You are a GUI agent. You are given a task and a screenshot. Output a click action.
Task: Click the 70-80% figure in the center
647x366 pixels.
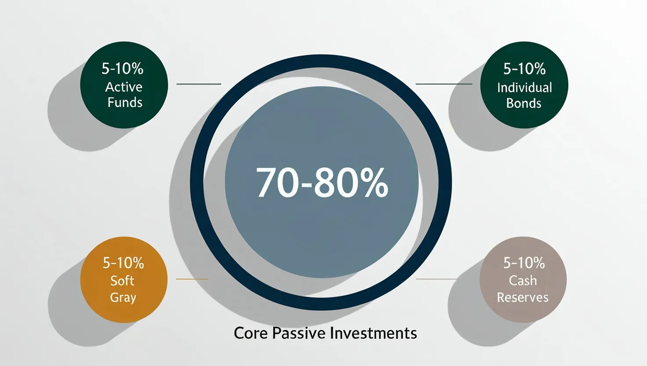click(x=322, y=183)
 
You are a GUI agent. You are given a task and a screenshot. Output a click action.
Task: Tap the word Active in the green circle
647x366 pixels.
click(x=124, y=87)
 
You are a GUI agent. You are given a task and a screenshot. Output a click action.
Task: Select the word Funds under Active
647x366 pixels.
click(x=125, y=102)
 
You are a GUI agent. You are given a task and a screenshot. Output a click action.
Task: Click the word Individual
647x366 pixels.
click(x=524, y=88)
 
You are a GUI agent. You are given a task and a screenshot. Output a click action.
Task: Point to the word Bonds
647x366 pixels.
click(x=523, y=103)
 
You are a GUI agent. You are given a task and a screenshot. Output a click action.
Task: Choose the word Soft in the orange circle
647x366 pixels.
click(x=122, y=281)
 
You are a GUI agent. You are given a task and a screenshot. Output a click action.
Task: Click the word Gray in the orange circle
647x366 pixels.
click(x=123, y=297)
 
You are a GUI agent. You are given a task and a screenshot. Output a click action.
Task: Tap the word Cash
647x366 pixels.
click(x=523, y=280)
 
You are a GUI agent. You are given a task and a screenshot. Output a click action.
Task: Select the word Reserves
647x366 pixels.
click(x=523, y=297)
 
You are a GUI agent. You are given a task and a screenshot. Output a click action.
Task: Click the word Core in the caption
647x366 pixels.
click(x=251, y=333)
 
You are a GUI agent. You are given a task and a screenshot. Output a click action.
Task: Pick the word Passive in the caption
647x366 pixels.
click(x=299, y=333)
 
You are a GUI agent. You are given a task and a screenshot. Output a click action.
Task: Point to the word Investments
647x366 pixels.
click(x=374, y=333)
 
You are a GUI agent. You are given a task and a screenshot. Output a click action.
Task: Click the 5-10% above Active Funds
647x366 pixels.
click(x=123, y=69)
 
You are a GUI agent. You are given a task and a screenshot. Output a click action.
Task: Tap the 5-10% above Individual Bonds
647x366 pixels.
click(x=524, y=69)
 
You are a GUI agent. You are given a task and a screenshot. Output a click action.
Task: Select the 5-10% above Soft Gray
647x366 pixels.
click(x=124, y=263)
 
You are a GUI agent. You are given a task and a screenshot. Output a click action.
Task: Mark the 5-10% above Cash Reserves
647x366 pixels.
click(x=524, y=263)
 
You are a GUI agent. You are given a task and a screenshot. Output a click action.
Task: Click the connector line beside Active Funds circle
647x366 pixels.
click(x=199, y=84)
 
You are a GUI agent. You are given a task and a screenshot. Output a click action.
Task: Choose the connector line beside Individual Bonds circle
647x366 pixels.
click(x=444, y=84)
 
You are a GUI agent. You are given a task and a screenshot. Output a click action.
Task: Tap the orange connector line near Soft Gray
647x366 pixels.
click(x=192, y=279)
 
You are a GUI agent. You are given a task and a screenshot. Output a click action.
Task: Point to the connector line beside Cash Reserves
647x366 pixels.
click(x=436, y=279)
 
